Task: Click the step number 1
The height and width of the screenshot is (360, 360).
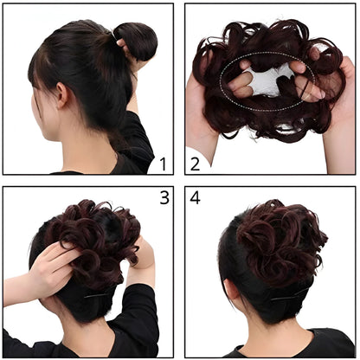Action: point(160,162)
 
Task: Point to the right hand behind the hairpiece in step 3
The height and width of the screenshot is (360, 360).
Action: point(144,255)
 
